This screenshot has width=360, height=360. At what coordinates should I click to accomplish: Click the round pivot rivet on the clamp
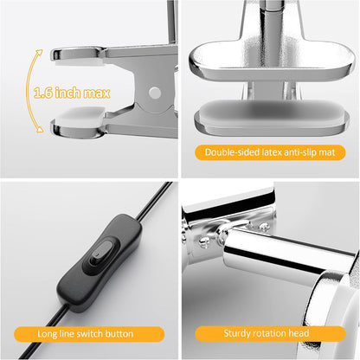coord(155,93)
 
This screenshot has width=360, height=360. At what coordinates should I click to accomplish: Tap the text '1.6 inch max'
coord(72,93)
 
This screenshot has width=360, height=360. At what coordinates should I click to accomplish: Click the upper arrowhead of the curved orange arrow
coord(39,53)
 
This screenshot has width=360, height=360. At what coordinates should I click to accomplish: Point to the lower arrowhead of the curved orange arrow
coord(39,130)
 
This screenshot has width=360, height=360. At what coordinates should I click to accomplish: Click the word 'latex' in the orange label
coord(271,152)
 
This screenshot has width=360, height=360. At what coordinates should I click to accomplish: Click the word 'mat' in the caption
coord(326,152)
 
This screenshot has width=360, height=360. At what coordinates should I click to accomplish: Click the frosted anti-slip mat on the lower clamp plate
coord(272,114)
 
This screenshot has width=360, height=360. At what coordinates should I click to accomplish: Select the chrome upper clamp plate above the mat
coord(271,61)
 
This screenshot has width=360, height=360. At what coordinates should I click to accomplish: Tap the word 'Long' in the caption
coord(47,334)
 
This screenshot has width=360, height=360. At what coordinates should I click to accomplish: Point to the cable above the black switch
coord(154,201)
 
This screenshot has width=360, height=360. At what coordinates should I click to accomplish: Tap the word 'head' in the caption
coord(299,333)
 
